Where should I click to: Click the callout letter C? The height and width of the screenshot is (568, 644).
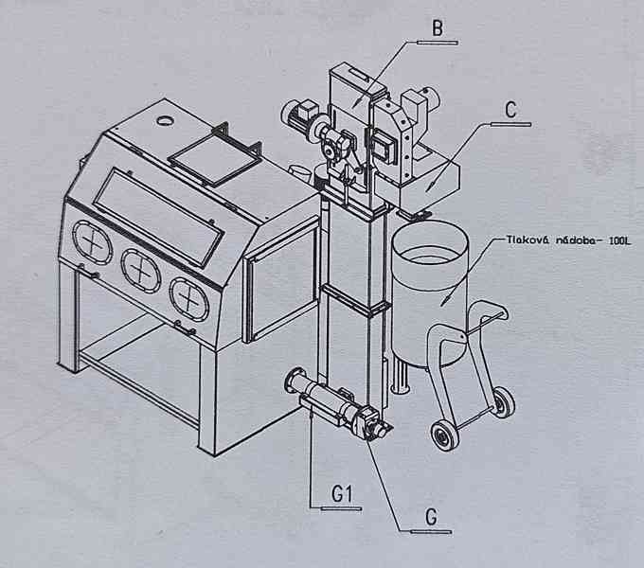(511, 109)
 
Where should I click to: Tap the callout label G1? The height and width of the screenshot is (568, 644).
(342, 493)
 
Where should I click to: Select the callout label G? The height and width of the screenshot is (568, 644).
(431, 516)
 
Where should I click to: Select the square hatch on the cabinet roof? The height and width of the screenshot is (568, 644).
(213, 157)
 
